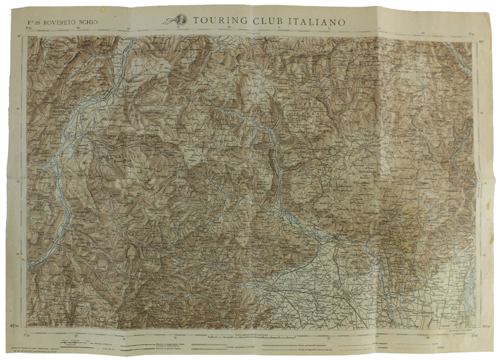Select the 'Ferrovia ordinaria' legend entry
pyautogui.click(x=106, y=343)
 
